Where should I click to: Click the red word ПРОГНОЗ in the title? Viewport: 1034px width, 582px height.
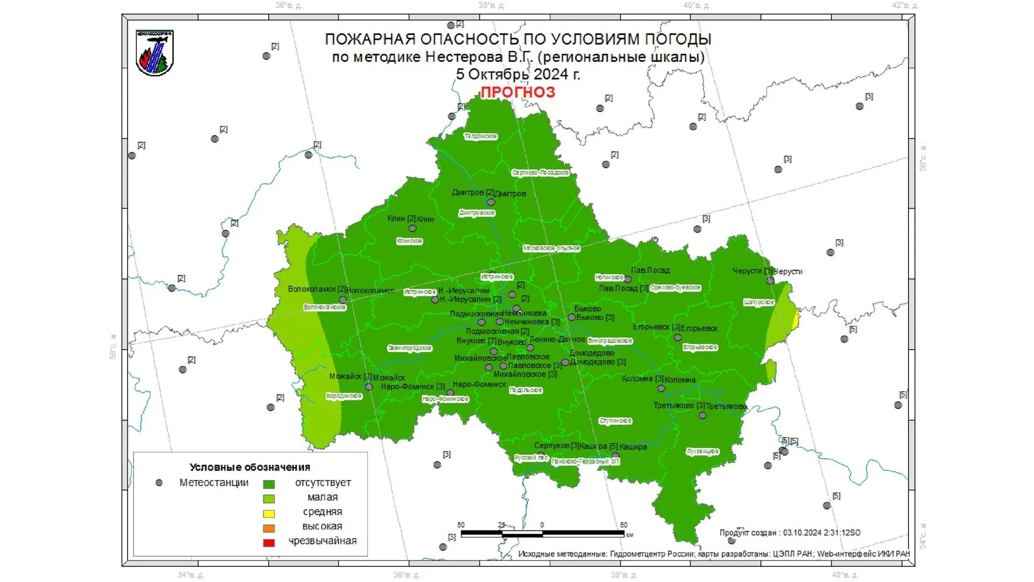518,92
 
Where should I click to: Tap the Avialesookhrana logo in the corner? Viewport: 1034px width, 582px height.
155,53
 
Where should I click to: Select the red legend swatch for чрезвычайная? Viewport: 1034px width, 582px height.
269,543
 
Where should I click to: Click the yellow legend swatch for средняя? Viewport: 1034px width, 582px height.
269,514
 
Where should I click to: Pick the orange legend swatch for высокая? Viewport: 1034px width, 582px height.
269,528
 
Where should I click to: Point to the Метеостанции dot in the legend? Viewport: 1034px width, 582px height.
159,483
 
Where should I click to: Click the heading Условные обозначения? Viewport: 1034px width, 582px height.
250,467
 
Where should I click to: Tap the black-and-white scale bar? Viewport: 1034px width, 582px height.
542,533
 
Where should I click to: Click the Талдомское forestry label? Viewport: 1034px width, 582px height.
480,136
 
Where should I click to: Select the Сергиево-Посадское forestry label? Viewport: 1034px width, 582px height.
540,172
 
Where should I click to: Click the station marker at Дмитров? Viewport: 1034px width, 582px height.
491,203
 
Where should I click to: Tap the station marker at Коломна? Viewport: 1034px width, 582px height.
661,389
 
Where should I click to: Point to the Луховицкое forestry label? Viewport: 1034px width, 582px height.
703,452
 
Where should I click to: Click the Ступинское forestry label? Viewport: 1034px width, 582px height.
616,421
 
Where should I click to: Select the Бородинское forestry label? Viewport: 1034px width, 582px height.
344,396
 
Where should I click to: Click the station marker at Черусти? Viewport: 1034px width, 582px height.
770,281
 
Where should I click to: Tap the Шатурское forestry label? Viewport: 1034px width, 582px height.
759,302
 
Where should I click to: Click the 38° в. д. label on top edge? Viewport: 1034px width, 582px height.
492,5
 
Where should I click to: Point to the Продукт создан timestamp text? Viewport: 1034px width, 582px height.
790,532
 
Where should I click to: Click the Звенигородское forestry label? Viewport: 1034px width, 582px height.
409,348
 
